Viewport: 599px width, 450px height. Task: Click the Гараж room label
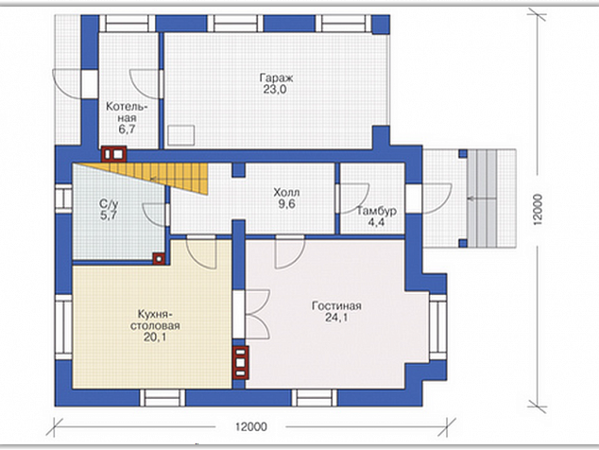(276, 78)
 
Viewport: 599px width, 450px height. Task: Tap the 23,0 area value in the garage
(275, 90)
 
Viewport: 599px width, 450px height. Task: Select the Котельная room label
(127, 112)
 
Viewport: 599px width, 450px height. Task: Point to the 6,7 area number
(127, 130)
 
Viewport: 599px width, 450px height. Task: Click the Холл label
(286, 192)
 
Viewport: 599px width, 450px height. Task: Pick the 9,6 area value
(286, 204)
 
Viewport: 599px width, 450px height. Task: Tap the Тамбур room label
(376, 211)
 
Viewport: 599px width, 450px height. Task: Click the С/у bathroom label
(109, 203)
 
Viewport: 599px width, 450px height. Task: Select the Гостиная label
(336, 306)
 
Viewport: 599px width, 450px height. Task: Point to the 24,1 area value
(336, 318)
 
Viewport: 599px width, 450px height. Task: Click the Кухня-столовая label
(155, 320)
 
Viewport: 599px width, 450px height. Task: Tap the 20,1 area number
(155, 337)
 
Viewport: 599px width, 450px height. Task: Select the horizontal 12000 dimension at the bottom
(251, 426)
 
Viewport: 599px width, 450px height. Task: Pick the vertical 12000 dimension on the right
(538, 210)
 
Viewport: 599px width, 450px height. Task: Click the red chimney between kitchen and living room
(240, 362)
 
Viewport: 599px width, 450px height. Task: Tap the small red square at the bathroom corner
(159, 259)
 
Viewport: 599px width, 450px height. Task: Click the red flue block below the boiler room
(113, 154)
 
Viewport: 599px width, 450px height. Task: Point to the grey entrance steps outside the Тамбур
(482, 198)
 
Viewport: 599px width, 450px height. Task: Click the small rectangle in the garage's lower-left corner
(181, 135)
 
